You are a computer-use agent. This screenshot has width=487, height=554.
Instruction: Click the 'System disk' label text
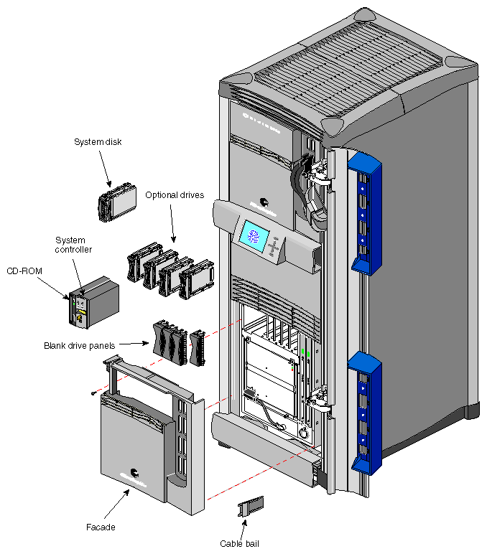point(98,142)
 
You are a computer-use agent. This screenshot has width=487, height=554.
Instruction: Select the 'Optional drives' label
point(175,195)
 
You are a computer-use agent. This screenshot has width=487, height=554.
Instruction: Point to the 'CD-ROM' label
point(23,271)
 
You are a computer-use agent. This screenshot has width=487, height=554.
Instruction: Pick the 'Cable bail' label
point(239,543)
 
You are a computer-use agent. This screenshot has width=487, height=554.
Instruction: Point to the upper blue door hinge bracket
point(365,212)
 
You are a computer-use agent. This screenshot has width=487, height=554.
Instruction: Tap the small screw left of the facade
point(94,393)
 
